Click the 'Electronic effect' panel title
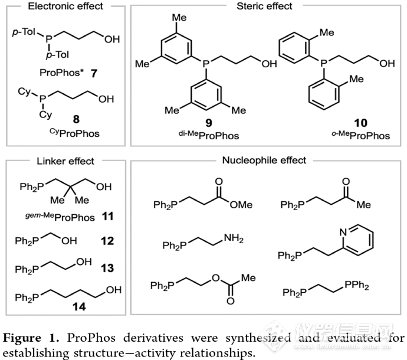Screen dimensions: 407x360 click(65, 6)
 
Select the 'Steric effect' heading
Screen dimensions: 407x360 click(264, 6)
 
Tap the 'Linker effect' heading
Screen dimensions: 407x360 click(65, 161)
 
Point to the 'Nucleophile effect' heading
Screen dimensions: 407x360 click(264, 161)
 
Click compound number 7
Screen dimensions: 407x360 click(94, 74)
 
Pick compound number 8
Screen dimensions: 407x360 click(76, 119)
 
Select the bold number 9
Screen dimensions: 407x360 click(209, 123)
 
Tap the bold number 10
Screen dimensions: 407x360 click(361, 123)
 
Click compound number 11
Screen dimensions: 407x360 click(108, 216)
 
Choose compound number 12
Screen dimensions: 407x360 click(107, 241)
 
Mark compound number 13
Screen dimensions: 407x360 click(107, 268)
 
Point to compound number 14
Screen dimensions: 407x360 click(79, 307)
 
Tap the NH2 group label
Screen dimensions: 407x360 click(234, 238)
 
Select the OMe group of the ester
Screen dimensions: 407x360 click(241, 205)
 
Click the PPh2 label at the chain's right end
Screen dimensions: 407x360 click(357, 285)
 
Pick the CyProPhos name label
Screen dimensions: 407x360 click(74, 133)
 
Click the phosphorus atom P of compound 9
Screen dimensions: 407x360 click(206, 63)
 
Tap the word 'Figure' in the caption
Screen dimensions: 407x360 click(22, 338)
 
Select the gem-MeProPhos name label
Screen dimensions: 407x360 click(60, 217)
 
